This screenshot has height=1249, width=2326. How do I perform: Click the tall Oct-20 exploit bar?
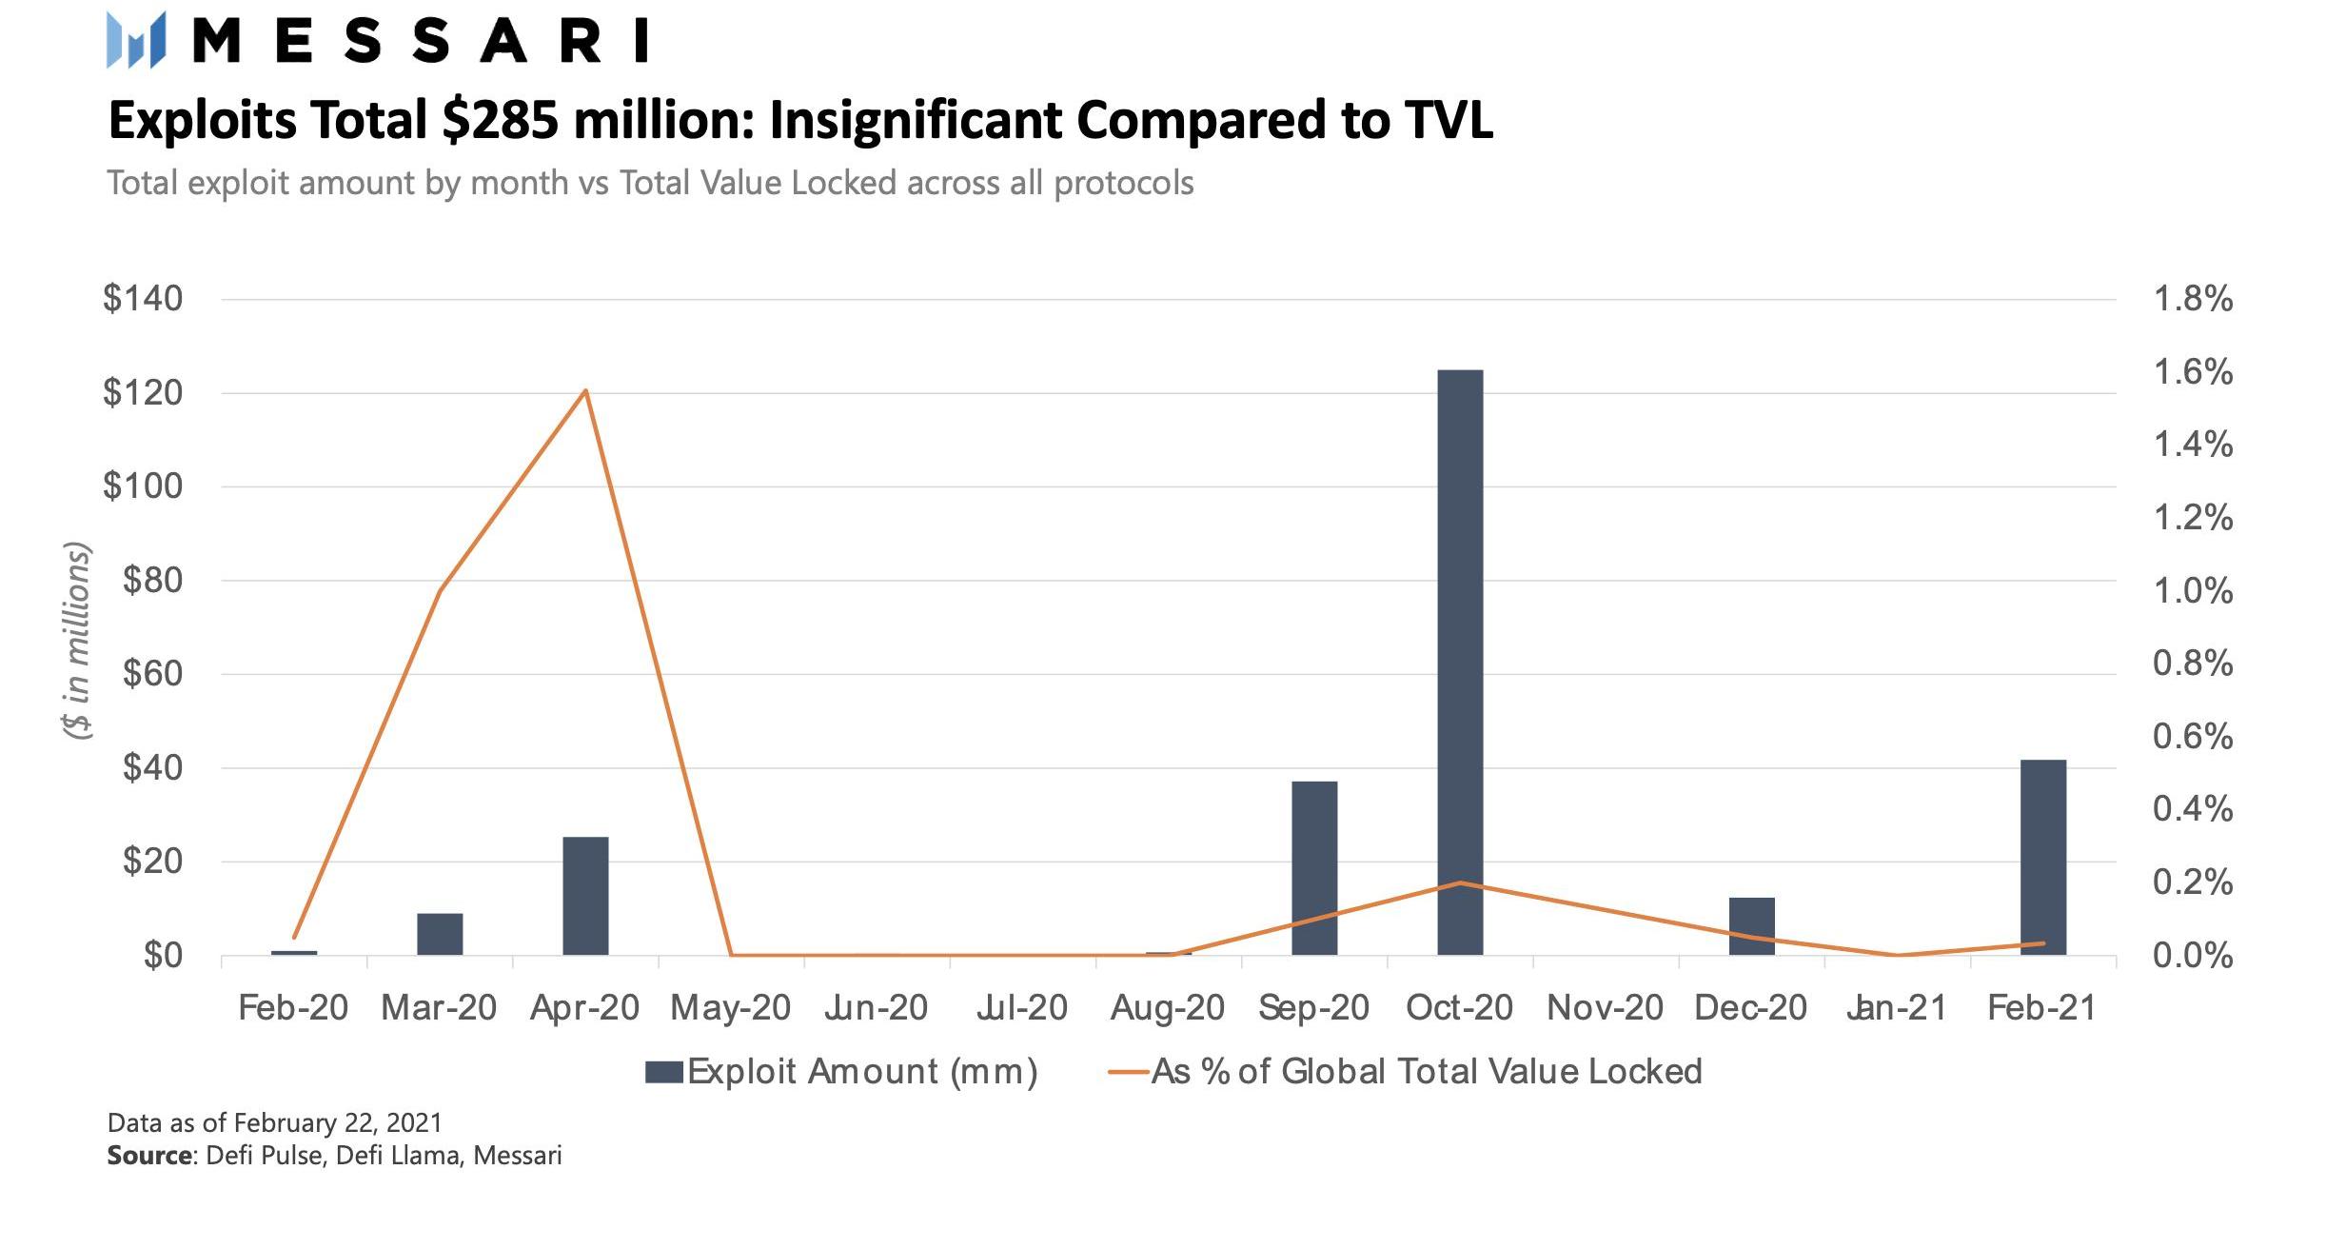[x=1459, y=662]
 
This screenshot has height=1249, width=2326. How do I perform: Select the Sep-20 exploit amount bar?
[x=1313, y=867]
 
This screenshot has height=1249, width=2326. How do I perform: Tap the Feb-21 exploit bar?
[x=2042, y=857]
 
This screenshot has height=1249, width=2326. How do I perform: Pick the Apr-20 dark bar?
[x=585, y=895]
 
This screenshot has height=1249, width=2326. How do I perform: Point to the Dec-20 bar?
[x=1751, y=925]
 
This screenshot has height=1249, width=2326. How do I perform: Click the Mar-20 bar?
[x=440, y=933]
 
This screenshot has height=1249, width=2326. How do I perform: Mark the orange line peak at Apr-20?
[x=585, y=390]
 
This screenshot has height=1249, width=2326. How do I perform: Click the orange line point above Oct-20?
[x=1459, y=882]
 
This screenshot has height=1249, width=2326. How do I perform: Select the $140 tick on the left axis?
[x=143, y=299]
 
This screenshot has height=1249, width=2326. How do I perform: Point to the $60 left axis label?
[x=152, y=674]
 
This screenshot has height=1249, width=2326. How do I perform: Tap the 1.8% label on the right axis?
[x=2192, y=299]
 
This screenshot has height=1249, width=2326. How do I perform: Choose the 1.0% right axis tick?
[x=2192, y=591]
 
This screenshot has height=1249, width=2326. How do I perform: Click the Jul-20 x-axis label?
[x=1021, y=1008]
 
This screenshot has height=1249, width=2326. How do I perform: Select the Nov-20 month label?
[x=1605, y=1008]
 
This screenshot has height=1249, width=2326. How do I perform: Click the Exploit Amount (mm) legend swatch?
[x=663, y=1072]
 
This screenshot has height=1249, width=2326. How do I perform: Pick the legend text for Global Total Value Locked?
[x=1426, y=1072]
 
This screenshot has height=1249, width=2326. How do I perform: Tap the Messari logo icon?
[x=136, y=40]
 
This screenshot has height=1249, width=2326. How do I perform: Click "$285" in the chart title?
[x=500, y=121]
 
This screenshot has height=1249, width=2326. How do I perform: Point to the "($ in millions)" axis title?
[x=77, y=640]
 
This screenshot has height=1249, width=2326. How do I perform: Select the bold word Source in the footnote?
[x=149, y=1156]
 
